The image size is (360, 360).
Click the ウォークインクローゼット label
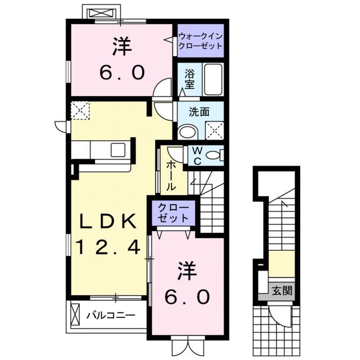coord(200,42)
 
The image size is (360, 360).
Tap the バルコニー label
coord(110,316)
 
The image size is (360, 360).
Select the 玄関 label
coord(280,291)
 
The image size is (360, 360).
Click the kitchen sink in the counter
coord(119,150)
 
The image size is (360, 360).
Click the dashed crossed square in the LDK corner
coord(80,110)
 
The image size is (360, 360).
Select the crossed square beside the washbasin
coord(214,130)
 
